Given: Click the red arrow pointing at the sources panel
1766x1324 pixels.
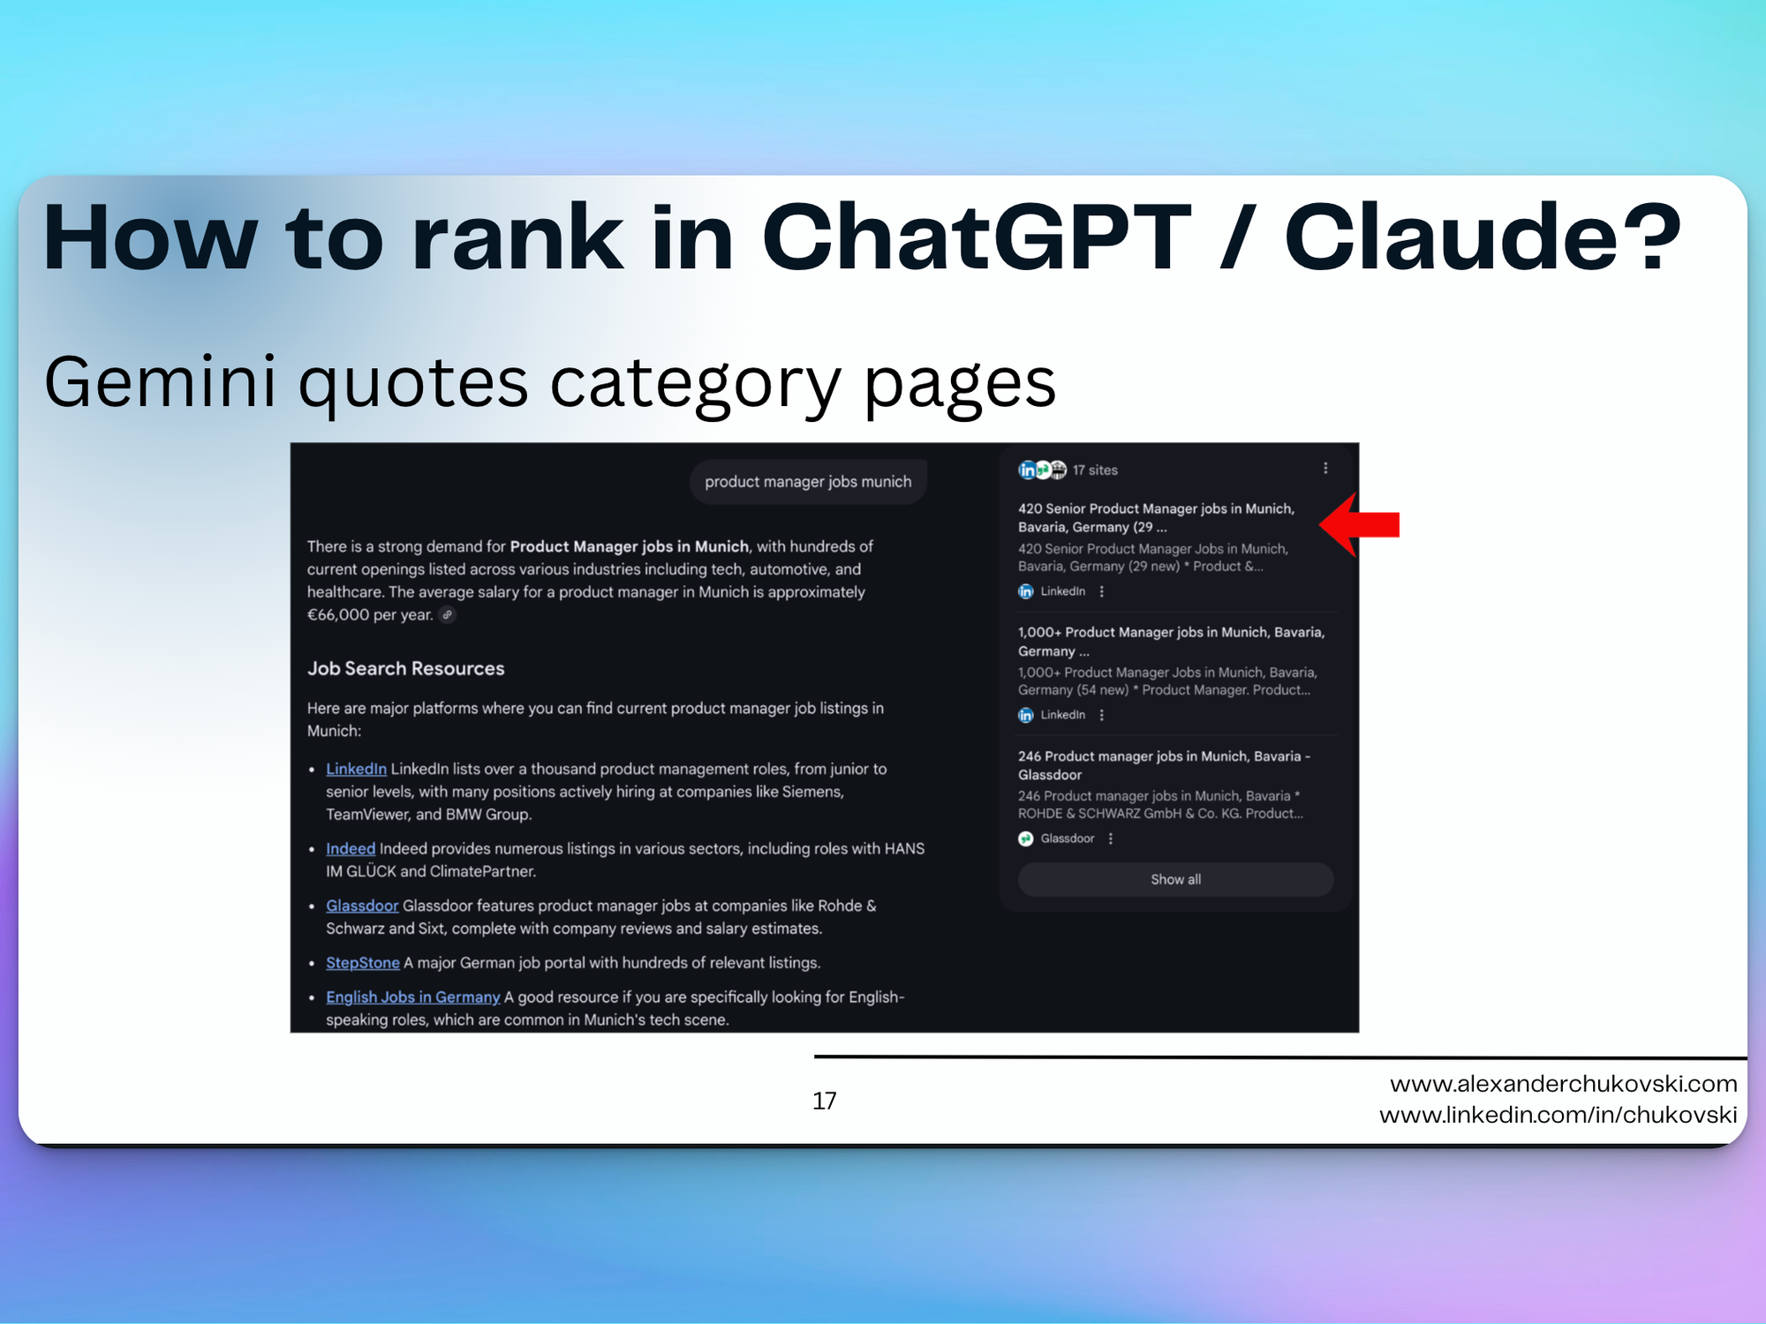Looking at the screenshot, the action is click(1360, 524).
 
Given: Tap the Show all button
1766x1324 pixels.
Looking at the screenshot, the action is click(1175, 879).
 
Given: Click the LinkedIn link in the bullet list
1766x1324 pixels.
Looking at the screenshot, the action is click(356, 769).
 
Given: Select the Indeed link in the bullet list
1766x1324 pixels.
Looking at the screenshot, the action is click(351, 848).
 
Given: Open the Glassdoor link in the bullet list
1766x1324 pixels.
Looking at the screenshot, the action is click(362, 906).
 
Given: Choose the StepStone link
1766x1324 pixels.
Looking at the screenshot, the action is click(363, 963).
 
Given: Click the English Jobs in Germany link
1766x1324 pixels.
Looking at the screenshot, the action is click(413, 997).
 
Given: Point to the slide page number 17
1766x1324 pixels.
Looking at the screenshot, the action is click(825, 1101).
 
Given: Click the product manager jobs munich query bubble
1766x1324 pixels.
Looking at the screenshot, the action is click(808, 482).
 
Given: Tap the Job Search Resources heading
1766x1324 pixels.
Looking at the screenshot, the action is click(406, 668).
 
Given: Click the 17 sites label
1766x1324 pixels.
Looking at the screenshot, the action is click(1095, 470).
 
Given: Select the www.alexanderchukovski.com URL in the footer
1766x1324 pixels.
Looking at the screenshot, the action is click(1564, 1084).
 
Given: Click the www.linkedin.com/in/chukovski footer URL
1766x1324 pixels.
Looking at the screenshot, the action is click(1558, 1115).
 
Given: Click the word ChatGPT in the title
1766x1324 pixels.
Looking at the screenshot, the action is click(977, 237).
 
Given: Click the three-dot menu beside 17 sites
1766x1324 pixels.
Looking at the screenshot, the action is click(1325, 469).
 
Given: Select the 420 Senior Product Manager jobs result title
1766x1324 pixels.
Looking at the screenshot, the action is click(1157, 518).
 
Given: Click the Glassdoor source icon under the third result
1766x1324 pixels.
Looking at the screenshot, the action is click(1026, 839).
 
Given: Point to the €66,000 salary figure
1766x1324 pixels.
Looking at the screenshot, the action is click(338, 614).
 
